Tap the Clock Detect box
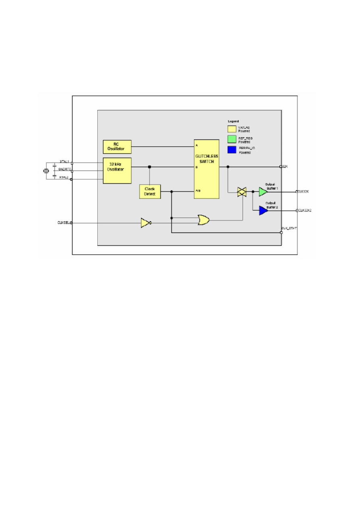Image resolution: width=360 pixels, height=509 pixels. (x=150, y=191)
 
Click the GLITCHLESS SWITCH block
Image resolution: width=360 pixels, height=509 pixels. (x=207, y=169)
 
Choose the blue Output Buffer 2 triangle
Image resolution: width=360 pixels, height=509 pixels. (x=263, y=210)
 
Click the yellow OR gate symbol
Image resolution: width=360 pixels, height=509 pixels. (x=203, y=220)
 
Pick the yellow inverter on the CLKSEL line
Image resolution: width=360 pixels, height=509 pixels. (x=146, y=222)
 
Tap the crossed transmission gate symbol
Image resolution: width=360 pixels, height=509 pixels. (x=242, y=191)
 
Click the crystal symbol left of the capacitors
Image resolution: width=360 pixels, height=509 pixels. (x=46, y=171)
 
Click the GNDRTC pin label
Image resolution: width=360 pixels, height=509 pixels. (x=65, y=169)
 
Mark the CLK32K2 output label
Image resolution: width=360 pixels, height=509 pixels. (x=306, y=211)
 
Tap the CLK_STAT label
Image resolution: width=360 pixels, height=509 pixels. (x=289, y=228)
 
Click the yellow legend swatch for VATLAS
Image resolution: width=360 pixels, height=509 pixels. (x=231, y=129)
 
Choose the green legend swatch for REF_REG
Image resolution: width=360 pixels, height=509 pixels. (x=231, y=139)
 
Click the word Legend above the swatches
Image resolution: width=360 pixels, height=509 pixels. (x=233, y=121)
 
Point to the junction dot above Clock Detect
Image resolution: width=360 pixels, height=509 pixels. (x=150, y=166)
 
